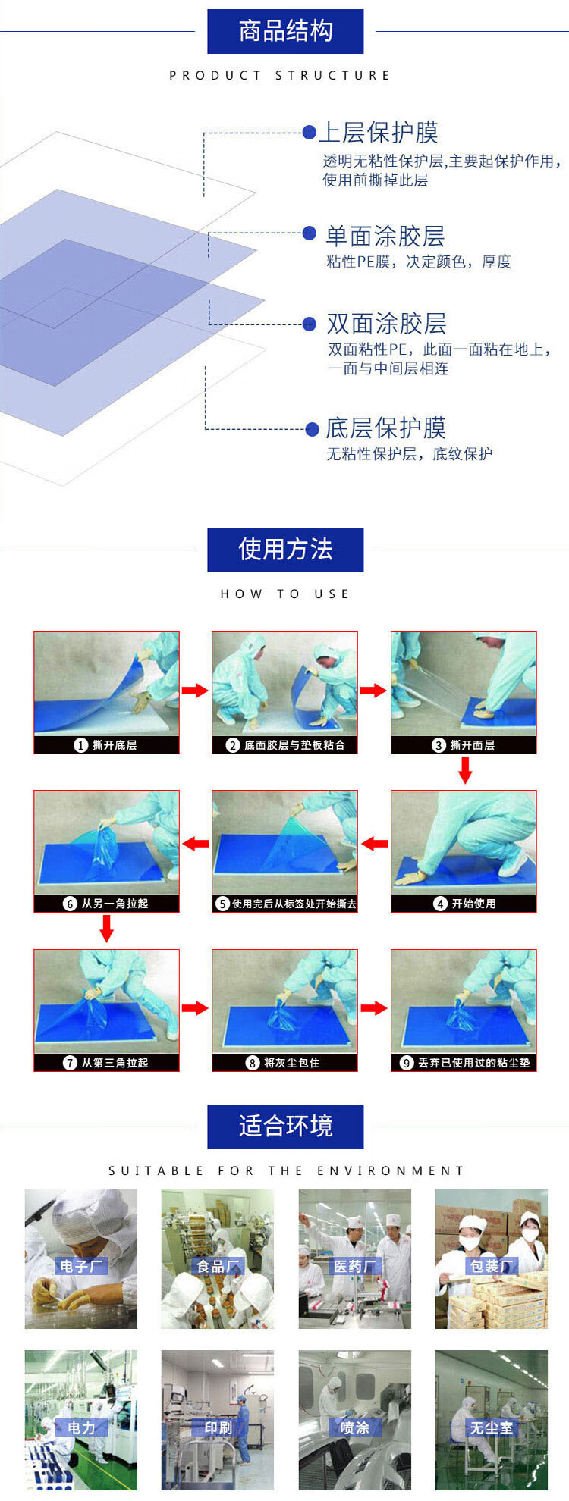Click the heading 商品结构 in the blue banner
[x=285, y=31]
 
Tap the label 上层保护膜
[x=378, y=132]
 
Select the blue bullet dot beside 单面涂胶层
[x=309, y=233]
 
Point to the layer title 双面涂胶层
[x=386, y=324]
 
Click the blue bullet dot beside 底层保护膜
[x=311, y=429]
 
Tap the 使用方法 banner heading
[x=285, y=549]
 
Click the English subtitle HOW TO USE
[x=284, y=594]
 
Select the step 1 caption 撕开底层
[x=115, y=745]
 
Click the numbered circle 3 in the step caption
[x=438, y=745]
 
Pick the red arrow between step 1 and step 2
[x=195, y=690]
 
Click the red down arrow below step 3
[x=465, y=770]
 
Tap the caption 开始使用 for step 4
[x=473, y=904]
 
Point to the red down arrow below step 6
[x=106, y=929]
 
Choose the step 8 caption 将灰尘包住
[x=291, y=1063]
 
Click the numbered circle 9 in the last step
[x=406, y=1063]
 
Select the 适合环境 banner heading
[x=285, y=1126]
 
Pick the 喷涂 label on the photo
[x=354, y=1427]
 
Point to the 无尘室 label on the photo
[x=491, y=1427]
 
